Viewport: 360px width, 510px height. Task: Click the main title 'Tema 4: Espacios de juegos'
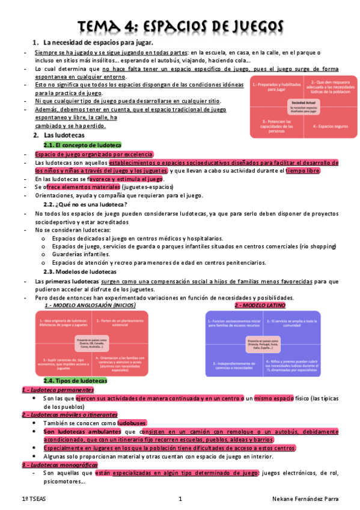pos(180,26)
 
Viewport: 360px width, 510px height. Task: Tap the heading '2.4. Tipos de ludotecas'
pos(75,381)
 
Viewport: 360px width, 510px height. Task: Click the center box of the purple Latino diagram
pos(263,344)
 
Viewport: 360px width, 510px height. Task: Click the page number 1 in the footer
pos(180,499)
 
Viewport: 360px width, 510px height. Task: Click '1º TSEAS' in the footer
pos(35,499)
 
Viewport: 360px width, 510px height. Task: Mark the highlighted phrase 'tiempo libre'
pos(304,171)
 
